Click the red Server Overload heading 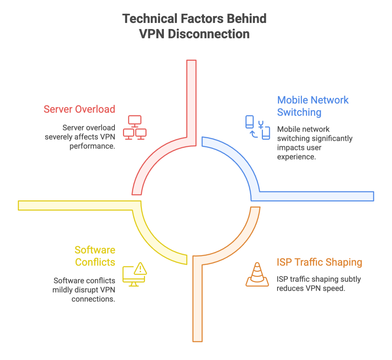[79, 109]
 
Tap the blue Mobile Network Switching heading [313, 106]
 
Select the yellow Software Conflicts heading [95, 256]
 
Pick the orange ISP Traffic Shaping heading [319, 262]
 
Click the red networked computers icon [134, 128]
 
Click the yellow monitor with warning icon [134, 275]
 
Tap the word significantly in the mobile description [329, 138]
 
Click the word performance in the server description [92, 147]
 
